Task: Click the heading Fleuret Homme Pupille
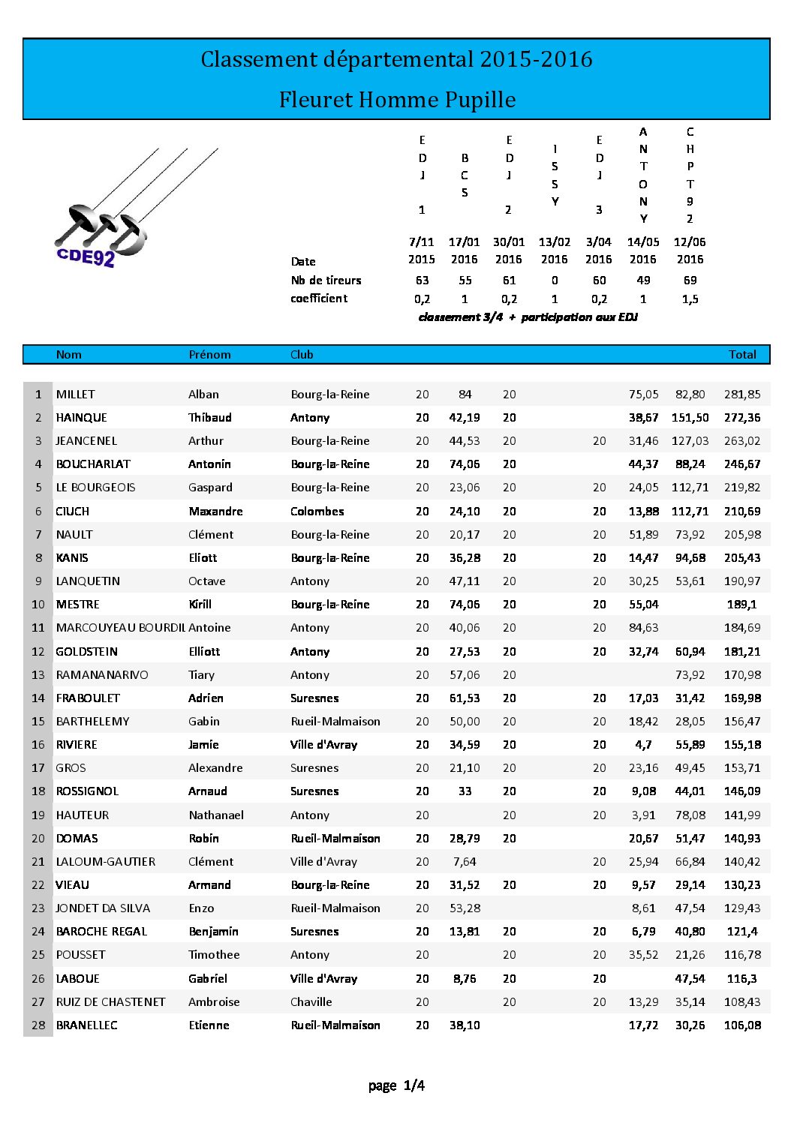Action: pos(397,100)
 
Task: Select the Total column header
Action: pos(742,355)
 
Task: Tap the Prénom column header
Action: pos(209,355)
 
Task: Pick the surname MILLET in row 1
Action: pos(76,395)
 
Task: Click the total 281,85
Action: pos(742,395)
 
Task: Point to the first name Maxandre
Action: pos(215,512)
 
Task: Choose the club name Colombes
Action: pos(317,512)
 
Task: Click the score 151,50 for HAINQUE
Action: pos(690,418)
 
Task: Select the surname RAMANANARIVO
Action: pos(102,675)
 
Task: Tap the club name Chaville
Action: pos(311,1002)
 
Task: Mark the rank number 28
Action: pos(38,1025)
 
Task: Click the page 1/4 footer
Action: pos(396,1085)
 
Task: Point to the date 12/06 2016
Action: pos(690,251)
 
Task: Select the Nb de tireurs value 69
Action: pos(690,281)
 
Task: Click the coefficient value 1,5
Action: pos(690,299)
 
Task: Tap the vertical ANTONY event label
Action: pos(643,176)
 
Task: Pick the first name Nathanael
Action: pos(216,815)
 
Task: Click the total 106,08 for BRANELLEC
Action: pos(742,1025)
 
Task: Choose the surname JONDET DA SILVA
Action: pos(103,908)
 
